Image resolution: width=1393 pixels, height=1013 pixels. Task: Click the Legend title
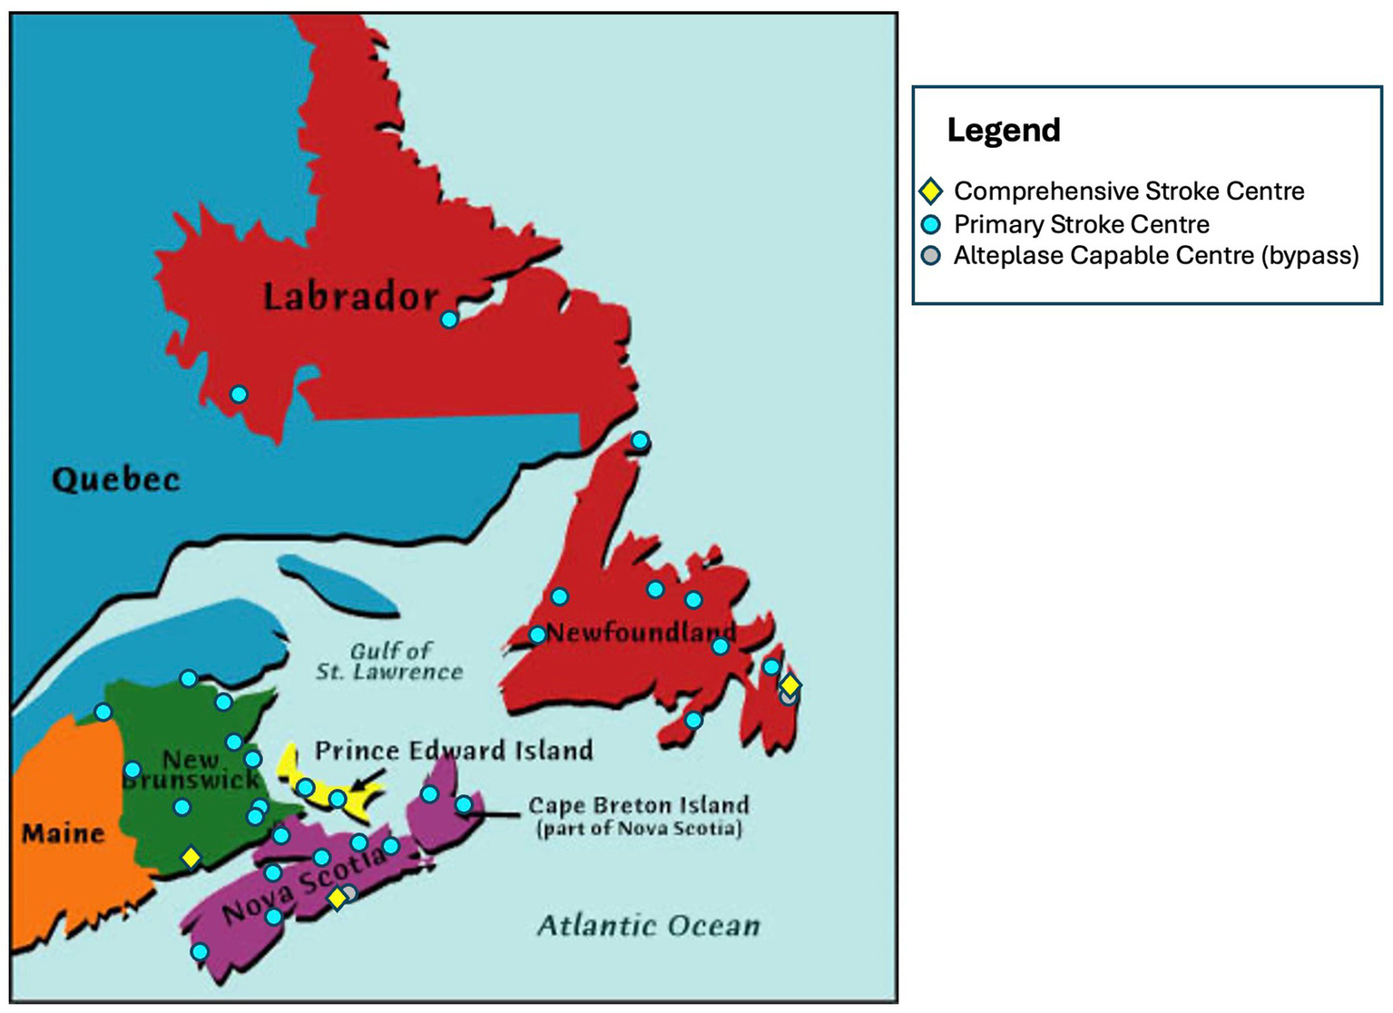coord(1003,130)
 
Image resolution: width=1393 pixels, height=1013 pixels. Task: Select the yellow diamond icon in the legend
coord(930,191)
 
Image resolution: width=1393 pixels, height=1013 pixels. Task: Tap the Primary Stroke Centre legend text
coord(1081,224)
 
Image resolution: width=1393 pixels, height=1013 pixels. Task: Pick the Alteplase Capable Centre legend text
coord(1155,255)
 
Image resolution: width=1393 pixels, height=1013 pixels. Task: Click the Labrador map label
coord(350,296)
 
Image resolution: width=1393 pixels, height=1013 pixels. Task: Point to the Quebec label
coord(115,479)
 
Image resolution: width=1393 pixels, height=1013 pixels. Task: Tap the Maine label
coord(63,833)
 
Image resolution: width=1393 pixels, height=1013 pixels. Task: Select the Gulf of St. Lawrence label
coord(390,662)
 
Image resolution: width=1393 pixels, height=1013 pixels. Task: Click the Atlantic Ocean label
coord(648,926)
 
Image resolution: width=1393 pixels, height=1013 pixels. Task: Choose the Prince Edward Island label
coord(454,751)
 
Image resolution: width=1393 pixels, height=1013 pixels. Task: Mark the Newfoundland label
coord(641,632)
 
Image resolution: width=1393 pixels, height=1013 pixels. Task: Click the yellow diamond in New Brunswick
coord(191,857)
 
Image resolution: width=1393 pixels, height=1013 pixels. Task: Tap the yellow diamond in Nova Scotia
coord(337,898)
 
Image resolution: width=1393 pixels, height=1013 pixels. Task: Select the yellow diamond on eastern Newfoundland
coord(790,684)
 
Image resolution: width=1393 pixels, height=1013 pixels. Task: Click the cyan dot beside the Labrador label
coord(449,320)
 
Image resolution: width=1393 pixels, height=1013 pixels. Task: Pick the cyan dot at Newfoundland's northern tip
coord(640,441)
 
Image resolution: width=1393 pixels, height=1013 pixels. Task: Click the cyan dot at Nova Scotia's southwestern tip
coord(200,952)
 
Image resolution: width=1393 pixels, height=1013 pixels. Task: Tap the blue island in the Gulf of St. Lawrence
coord(338,587)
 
